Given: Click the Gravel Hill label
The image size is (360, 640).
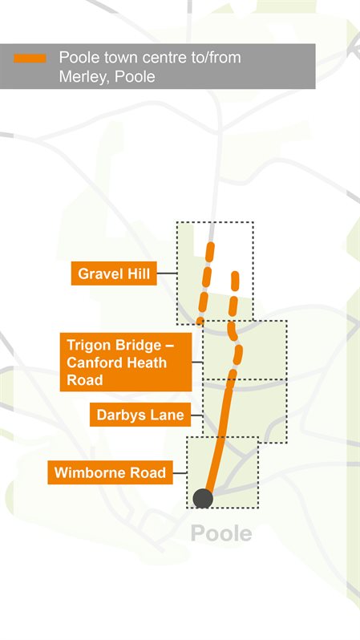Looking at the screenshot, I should tap(113, 273).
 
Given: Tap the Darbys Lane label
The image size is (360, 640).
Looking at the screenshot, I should tap(140, 415).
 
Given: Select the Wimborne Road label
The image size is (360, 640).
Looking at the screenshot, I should tap(110, 473).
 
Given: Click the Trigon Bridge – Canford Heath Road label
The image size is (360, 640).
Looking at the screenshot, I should tap(127, 363).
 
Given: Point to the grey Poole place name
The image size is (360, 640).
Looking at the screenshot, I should tap(220, 533).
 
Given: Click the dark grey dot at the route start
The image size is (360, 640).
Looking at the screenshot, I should tap(203, 499).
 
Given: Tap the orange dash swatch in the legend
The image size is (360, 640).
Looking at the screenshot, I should tap(30, 59).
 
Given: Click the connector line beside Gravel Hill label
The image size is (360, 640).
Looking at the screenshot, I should tap(167, 273).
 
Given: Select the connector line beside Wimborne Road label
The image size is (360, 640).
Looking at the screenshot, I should tap(180, 473).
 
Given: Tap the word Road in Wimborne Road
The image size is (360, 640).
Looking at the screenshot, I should tap(147, 473).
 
